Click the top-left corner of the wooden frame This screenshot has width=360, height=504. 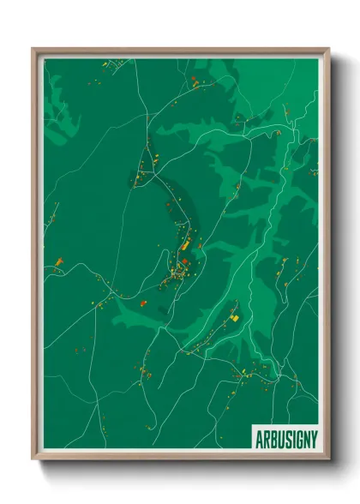pos(33,49)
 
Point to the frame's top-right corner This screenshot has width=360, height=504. pos(328,49)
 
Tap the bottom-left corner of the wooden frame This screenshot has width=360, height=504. pos(33,460)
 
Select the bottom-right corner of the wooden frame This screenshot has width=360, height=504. pos(328,460)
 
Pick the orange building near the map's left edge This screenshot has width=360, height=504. pos(58,261)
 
